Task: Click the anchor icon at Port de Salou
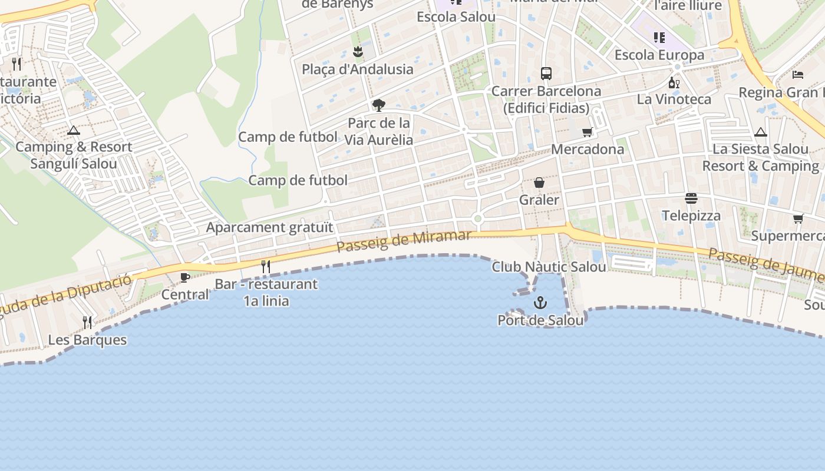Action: pos(540,303)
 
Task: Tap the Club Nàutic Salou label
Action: pos(549,267)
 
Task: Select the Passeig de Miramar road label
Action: pos(404,241)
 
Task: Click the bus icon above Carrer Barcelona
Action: pos(546,74)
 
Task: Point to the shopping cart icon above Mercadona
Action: pos(587,132)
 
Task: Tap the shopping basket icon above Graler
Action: pos(539,183)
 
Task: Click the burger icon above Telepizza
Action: pos(691,198)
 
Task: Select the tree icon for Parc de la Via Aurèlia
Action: pos(378,105)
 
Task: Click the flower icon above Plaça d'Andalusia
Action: pos(357,52)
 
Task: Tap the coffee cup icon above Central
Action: pos(185,277)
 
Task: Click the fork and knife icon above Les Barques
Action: pos(87,322)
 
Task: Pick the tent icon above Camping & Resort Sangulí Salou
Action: pos(74,130)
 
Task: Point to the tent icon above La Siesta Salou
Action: pos(761,132)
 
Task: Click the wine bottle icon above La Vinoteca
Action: pos(674,82)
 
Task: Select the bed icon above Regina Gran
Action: pos(798,75)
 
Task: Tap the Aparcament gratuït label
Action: pos(269,227)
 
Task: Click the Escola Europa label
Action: pos(659,55)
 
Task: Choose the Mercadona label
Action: pos(588,149)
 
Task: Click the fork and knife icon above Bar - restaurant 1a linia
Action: pos(266,267)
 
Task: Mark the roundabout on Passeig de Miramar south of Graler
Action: pos(478,219)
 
